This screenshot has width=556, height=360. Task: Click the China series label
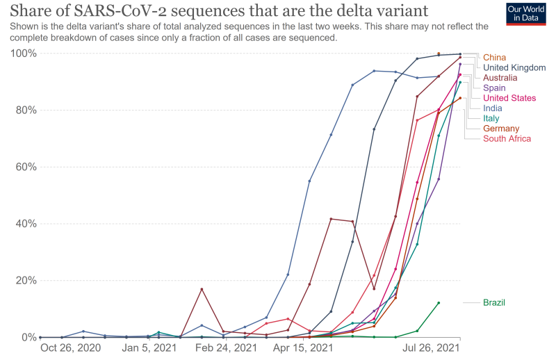tap(494, 57)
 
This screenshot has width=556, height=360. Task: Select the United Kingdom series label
tap(514, 67)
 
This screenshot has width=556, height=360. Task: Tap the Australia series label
tap(500, 78)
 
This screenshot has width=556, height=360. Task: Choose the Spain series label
tap(494, 88)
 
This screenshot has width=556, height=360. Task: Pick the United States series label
tap(509, 98)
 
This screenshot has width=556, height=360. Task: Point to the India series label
tap(492, 108)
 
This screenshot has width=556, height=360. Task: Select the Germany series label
tap(501, 129)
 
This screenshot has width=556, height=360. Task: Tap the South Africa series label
tap(507, 139)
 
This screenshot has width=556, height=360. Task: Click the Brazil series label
tap(493, 302)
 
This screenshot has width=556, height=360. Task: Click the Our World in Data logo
tap(525, 14)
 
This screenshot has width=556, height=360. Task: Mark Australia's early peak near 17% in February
tap(202, 289)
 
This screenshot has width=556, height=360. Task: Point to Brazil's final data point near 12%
tap(439, 303)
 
